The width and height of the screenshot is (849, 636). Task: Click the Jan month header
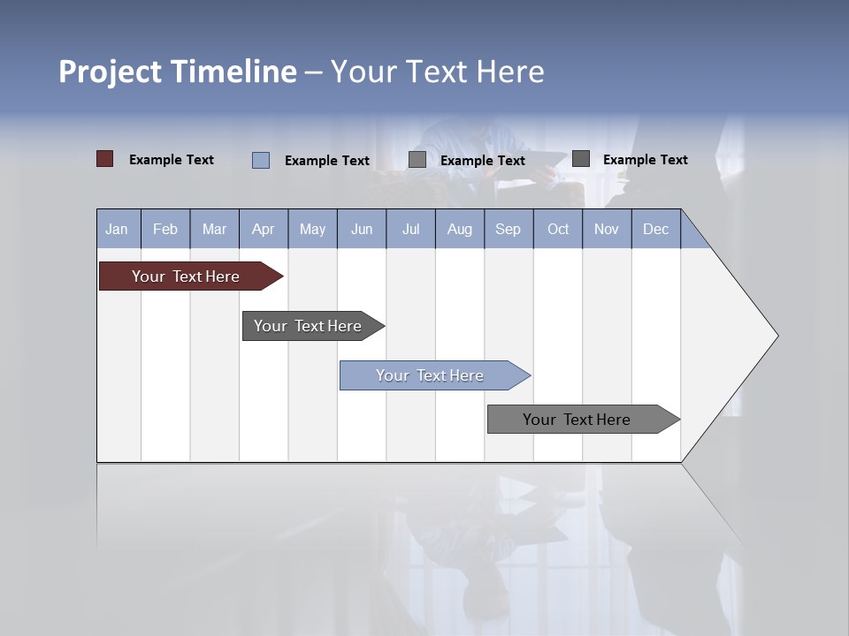pyautogui.click(x=118, y=229)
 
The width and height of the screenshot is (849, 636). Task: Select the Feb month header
pyautogui.click(x=165, y=229)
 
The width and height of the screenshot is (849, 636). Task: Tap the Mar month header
pyautogui.click(x=214, y=229)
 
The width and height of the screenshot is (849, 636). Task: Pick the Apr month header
pyautogui.click(x=264, y=229)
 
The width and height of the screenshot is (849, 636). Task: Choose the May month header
pyautogui.click(x=312, y=229)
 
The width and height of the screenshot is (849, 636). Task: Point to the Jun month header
pyautogui.click(x=362, y=229)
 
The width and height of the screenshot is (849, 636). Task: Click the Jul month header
pyautogui.click(x=410, y=229)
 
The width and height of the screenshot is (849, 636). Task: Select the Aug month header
pyautogui.click(x=460, y=229)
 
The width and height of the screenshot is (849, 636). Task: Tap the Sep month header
pyautogui.click(x=509, y=229)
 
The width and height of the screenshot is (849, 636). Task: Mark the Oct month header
pyautogui.click(x=558, y=229)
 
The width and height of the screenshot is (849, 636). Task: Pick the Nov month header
pyautogui.click(x=607, y=229)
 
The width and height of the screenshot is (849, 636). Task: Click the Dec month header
pyautogui.click(x=656, y=229)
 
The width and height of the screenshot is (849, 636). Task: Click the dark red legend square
pyautogui.click(x=105, y=159)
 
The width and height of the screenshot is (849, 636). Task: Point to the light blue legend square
pyautogui.click(x=261, y=160)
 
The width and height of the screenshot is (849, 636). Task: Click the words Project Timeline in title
pyautogui.click(x=178, y=72)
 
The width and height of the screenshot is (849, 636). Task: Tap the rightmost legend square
pyautogui.click(x=581, y=159)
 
